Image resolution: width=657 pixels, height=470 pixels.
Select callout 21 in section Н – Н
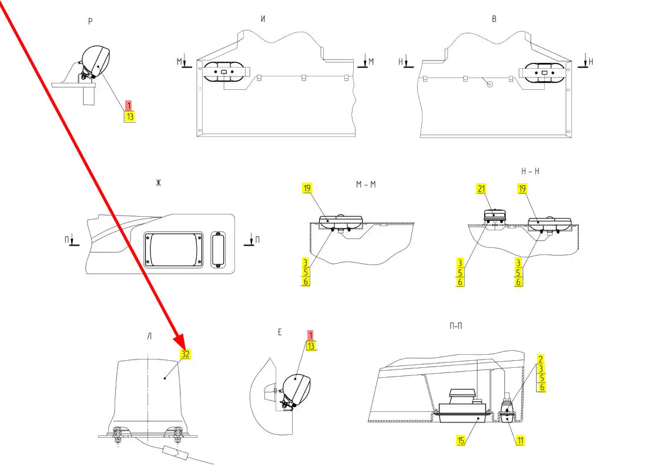pos(481,189)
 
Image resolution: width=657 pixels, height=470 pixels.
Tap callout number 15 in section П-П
pos(462,439)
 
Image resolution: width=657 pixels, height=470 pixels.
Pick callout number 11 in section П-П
pos(520,439)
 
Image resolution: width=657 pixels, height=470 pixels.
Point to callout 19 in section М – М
pos(307,189)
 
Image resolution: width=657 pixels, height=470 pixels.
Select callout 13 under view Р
pos(129,116)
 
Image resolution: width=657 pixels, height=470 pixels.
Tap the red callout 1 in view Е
pos(310,335)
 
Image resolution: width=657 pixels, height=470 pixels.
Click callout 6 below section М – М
pos(306,281)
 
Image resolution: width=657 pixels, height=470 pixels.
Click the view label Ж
pos(158,183)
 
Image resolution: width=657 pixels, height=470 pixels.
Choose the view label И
pos(263,19)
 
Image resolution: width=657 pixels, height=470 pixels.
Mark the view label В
pos(494,19)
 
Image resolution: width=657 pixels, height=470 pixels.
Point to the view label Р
pos(90,22)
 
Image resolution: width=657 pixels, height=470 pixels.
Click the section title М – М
pos(366,184)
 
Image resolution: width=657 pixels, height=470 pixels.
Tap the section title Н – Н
pos(531,171)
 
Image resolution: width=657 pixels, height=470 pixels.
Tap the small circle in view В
pos(490,84)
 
